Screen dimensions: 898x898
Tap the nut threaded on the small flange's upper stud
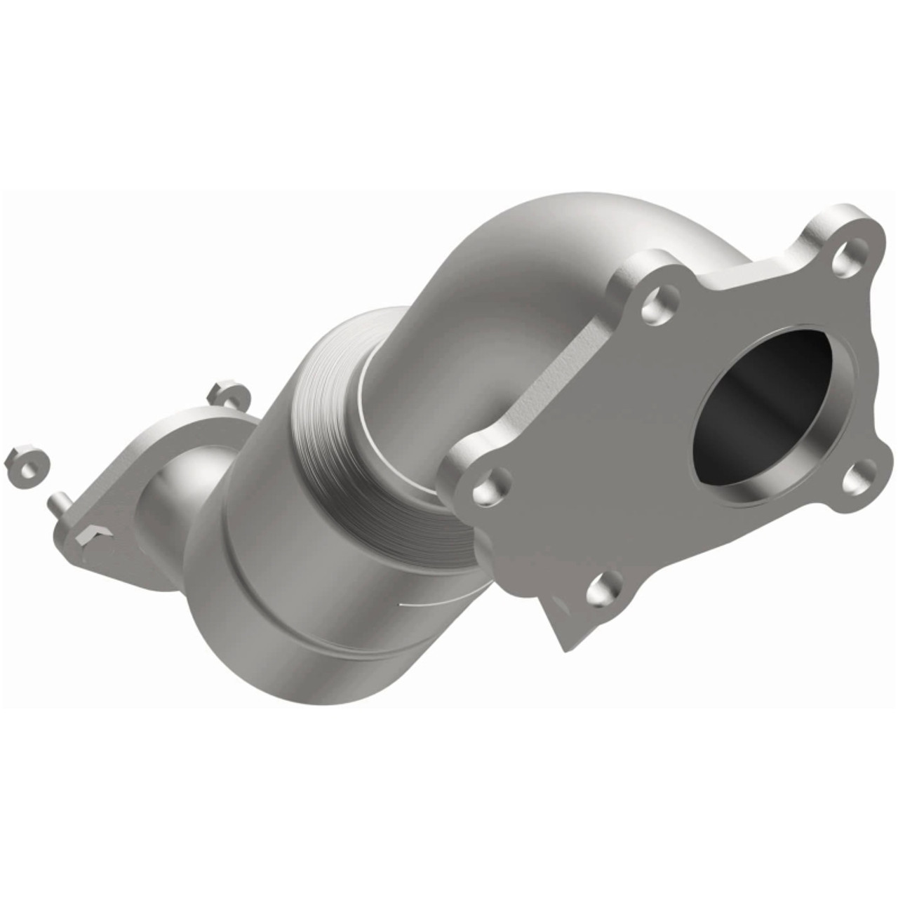[x=229, y=394]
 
